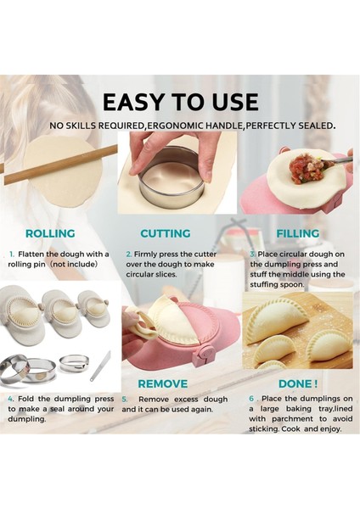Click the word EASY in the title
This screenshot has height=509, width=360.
click(x=132, y=102)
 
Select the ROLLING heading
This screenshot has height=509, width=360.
click(x=50, y=233)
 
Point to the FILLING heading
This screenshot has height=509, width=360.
click(x=296, y=233)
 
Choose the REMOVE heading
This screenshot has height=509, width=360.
click(x=162, y=383)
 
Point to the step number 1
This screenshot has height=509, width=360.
click(x=12, y=254)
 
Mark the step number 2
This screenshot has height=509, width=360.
click(x=128, y=254)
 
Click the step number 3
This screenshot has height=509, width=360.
click(x=252, y=254)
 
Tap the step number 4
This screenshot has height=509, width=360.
click(x=11, y=399)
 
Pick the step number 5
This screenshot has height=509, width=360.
click(x=124, y=399)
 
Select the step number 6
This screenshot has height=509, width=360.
click(x=252, y=399)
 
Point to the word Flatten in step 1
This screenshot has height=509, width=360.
click(x=35, y=254)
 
